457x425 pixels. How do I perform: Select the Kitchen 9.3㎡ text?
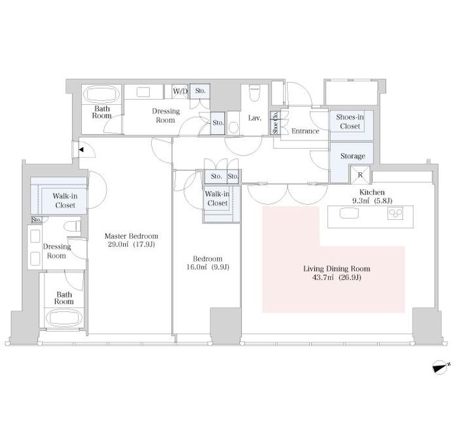pos(372,196)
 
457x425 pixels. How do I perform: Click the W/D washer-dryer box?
pos(180,91)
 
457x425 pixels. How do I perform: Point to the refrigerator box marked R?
pos(361,175)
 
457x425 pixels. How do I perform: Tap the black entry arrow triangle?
pos(81,150)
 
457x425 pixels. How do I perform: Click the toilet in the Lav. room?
pos(255,93)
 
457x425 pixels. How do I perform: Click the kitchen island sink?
pos(349,213)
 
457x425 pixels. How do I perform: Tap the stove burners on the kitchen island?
pos(395,213)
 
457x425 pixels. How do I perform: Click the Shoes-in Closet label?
pos(350,121)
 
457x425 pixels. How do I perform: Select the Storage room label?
pos(353,156)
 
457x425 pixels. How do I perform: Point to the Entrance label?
pos(305,131)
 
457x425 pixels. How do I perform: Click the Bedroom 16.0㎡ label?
pos(208,263)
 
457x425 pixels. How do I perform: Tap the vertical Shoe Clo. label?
pos(275,123)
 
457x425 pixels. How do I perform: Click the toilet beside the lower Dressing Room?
pos(72,227)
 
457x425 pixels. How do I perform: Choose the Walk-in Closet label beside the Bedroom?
pos(217,198)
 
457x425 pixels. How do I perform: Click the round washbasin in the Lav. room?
pos(233,128)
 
